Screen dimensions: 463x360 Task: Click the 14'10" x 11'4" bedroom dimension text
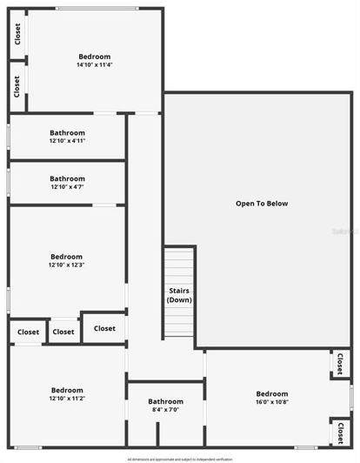[x=95, y=64]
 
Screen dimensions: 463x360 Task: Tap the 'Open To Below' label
[x=261, y=204]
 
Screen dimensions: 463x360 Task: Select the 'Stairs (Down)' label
[x=179, y=295]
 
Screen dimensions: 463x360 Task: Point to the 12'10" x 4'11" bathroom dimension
[x=67, y=141]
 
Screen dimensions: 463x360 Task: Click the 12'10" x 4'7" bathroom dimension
[x=67, y=186]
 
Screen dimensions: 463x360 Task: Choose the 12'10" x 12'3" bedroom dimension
[x=66, y=265]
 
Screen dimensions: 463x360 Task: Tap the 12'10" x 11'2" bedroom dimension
[x=67, y=399]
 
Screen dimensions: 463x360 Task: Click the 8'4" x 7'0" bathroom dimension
[x=165, y=410]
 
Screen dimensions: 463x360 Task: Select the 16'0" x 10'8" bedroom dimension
[x=271, y=402]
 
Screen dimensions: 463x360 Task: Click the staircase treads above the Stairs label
[x=179, y=265]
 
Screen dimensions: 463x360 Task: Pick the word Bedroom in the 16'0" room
[x=271, y=393]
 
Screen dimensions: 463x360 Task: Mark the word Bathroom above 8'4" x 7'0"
[x=165, y=401]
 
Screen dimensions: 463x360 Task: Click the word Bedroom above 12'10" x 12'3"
[x=66, y=257]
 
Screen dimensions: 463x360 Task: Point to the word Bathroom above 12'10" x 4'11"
[x=67, y=132]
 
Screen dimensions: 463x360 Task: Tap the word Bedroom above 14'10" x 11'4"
[x=95, y=57]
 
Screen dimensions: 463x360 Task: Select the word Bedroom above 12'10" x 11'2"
[x=67, y=390]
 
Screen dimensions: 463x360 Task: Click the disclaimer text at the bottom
[x=180, y=458]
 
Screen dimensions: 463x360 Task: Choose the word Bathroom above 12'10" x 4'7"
[x=67, y=178]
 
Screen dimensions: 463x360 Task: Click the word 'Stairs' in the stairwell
[x=179, y=291]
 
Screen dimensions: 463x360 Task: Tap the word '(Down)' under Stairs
[x=179, y=300]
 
